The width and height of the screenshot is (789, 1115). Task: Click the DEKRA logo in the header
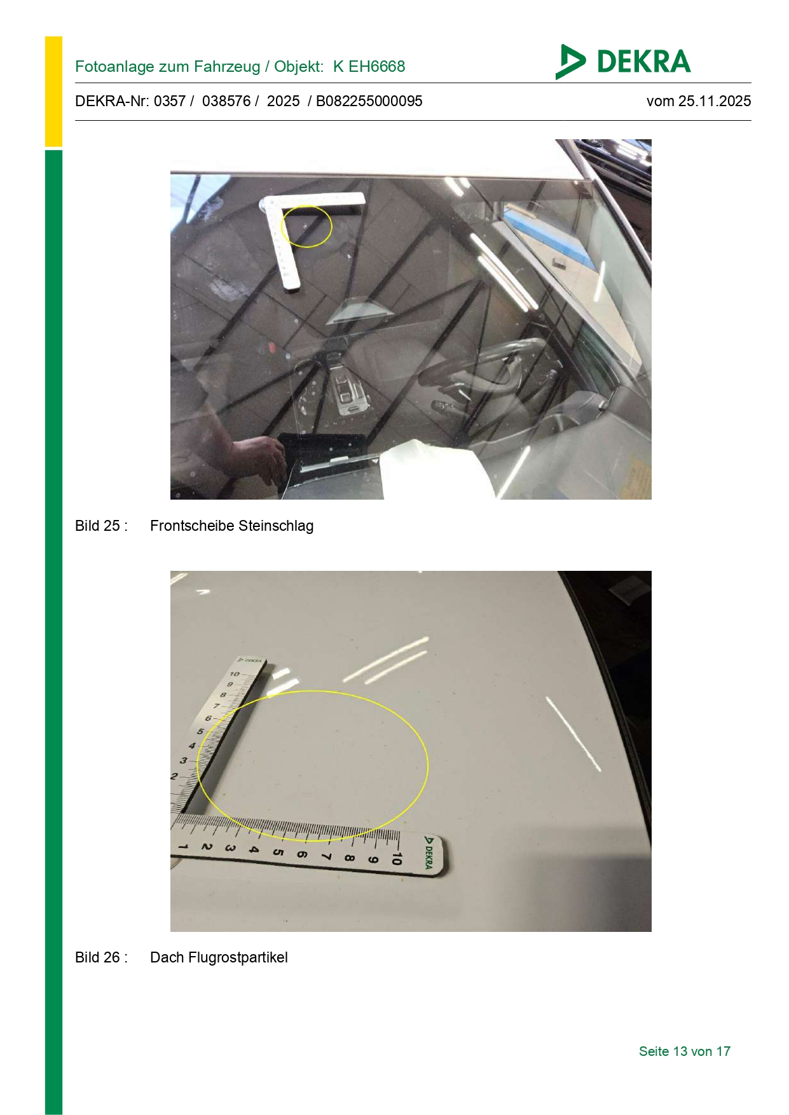tap(622, 62)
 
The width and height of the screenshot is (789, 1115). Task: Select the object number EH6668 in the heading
tap(376, 66)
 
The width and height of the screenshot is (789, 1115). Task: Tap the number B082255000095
tap(369, 101)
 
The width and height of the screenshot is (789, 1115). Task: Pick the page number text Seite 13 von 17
tap(685, 1051)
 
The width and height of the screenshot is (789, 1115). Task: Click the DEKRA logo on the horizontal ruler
tap(429, 852)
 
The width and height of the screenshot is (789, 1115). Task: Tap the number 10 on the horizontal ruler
tap(396, 858)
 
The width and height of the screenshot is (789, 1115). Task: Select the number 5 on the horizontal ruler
tap(277, 852)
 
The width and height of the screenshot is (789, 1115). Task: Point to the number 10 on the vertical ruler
tap(235, 674)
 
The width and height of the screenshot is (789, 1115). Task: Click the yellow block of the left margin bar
tap(53, 92)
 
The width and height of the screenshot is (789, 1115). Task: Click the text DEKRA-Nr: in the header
tap(113, 101)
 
